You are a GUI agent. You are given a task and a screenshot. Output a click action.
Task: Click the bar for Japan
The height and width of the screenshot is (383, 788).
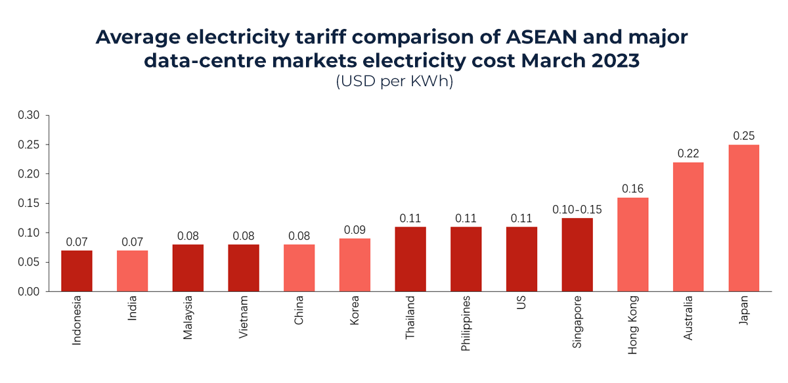743,218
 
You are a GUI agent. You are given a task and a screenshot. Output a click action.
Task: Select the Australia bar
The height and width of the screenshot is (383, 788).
688,227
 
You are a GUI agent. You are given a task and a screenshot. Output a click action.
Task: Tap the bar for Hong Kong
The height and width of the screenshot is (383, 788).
632,244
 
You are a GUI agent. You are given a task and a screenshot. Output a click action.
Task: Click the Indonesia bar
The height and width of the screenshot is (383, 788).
77,271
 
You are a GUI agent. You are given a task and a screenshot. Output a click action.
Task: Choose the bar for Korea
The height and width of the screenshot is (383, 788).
355,265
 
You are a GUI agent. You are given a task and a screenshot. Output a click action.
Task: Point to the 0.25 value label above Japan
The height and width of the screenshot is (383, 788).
743,136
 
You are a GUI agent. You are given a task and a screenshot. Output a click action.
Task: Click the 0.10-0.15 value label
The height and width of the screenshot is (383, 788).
577,210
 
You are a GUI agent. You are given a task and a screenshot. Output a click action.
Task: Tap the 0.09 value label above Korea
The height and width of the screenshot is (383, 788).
355,230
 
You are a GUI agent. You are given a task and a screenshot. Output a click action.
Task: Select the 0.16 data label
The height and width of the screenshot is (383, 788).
632,189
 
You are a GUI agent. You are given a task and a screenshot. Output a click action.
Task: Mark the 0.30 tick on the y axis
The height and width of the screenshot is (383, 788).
29,116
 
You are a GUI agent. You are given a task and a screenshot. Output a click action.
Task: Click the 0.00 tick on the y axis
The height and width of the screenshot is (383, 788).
29,291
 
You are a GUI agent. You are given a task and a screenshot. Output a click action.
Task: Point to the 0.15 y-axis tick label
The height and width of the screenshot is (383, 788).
29,204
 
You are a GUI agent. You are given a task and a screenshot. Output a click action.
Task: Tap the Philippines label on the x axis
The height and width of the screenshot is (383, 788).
466,324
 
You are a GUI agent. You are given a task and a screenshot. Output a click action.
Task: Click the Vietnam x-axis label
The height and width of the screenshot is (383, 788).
244,318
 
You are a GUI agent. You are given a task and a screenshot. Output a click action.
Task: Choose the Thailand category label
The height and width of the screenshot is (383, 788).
410,318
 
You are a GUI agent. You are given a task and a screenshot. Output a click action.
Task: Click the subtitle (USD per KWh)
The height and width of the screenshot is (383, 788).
394,83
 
